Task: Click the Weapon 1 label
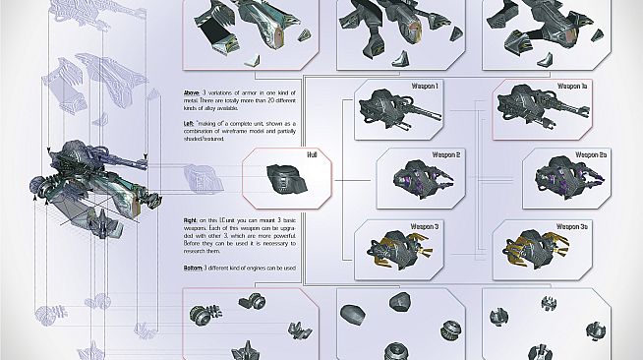[x=425, y=87]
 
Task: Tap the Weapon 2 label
[x=445, y=155]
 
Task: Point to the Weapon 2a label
[x=590, y=155]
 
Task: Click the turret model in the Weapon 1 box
[x=390, y=110]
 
